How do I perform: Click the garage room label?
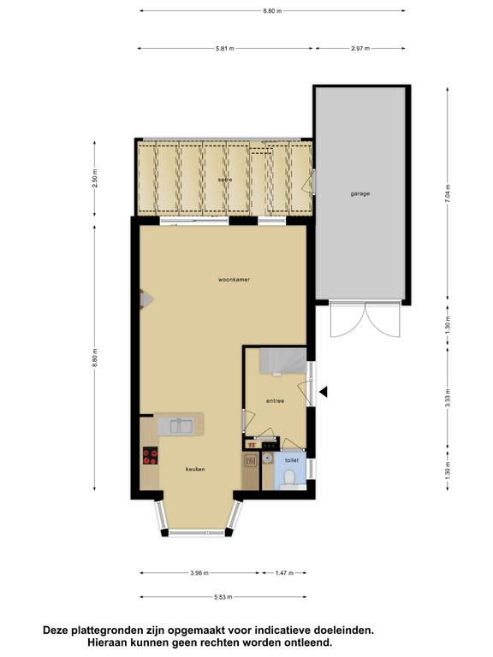[x=360, y=194]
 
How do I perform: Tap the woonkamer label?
[x=234, y=280]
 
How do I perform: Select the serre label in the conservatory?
[x=225, y=180]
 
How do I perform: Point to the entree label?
[x=275, y=401]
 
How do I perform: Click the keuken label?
[x=195, y=470]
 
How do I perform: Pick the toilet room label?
[x=292, y=460]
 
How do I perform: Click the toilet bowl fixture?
[x=289, y=478]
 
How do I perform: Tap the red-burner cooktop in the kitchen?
[x=150, y=455]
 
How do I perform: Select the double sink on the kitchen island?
[x=181, y=426]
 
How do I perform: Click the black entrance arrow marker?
[x=324, y=392]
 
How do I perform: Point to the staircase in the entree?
[x=282, y=361]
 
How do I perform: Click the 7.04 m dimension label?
[x=448, y=193]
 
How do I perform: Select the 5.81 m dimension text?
[x=225, y=49]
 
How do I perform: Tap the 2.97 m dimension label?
[x=360, y=49]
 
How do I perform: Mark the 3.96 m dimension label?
[x=199, y=573]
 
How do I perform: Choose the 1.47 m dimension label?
[x=284, y=573]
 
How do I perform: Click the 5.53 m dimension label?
[x=223, y=597]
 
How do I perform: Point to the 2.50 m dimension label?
[x=95, y=178]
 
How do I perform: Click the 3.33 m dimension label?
[x=448, y=398]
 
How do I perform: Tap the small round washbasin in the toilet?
[x=267, y=459]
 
